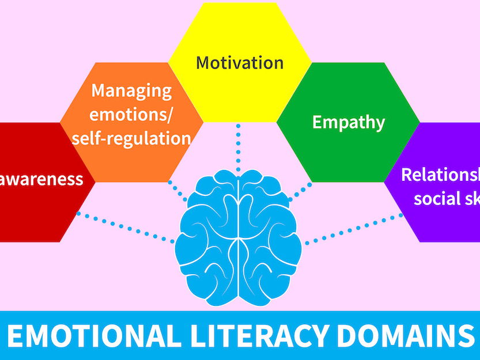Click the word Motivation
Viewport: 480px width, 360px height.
coord(240,62)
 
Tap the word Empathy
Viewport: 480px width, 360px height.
coord(348,122)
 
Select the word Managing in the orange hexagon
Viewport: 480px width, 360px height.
coord(131,91)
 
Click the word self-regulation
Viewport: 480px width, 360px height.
coord(131,138)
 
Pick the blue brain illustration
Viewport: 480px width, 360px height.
coord(239,230)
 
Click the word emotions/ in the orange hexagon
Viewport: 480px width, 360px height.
coord(132,115)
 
